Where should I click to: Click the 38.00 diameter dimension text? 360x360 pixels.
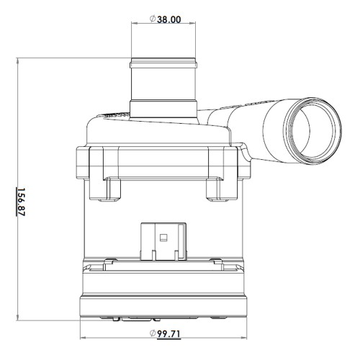tap(169, 19)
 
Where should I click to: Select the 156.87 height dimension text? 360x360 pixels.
tap(22, 202)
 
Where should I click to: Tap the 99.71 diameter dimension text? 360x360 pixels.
tap(168, 334)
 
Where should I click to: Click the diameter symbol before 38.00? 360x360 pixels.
tap(153, 19)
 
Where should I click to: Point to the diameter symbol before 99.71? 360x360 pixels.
tap(153, 333)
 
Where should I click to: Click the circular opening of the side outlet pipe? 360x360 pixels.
tap(312, 131)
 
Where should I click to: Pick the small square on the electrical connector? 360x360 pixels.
tap(163, 238)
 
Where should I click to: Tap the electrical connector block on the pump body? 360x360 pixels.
tap(163, 241)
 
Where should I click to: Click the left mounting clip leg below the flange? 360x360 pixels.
tap(104, 189)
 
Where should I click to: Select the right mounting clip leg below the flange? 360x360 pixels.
tap(222, 189)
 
